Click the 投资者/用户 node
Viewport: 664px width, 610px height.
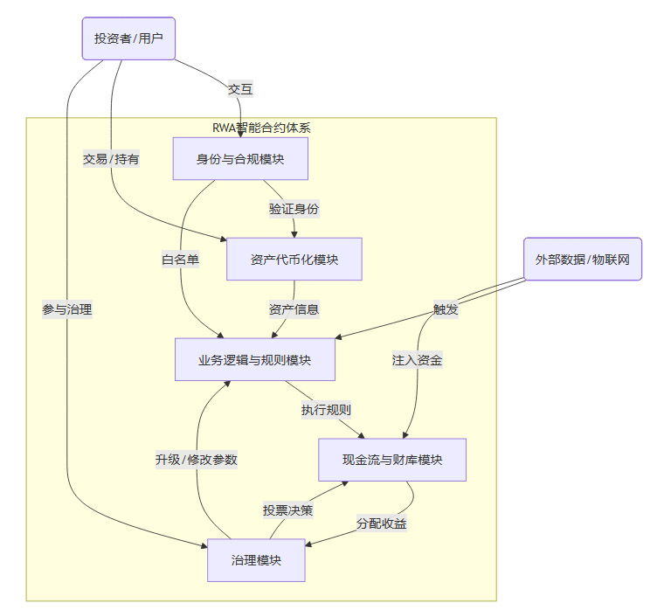click(128, 38)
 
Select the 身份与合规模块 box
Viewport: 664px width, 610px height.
click(240, 158)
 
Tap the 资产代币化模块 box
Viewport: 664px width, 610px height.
click(294, 259)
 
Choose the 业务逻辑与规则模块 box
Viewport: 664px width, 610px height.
click(255, 359)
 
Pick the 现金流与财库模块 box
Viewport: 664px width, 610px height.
click(391, 460)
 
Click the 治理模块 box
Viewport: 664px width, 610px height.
click(256, 560)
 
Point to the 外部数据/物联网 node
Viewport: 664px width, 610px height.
click(583, 259)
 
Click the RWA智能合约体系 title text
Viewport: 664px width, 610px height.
click(261, 128)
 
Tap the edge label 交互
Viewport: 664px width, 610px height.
click(240, 89)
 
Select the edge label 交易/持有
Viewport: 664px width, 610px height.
click(111, 159)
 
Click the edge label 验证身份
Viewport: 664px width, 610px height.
click(294, 209)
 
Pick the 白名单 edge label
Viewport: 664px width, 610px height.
click(180, 260)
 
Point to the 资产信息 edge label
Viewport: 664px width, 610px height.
click(294, 309)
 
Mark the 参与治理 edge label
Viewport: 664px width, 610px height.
click(67, 309)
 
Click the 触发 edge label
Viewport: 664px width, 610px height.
click(446, 309)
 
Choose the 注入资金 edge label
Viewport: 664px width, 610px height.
click(417, 360)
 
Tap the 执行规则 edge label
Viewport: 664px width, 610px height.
click(327, 410)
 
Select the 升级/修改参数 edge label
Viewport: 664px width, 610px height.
click(197, 460)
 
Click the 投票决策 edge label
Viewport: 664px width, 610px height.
click(288, 510)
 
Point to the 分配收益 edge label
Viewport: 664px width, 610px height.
click(382, 523)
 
